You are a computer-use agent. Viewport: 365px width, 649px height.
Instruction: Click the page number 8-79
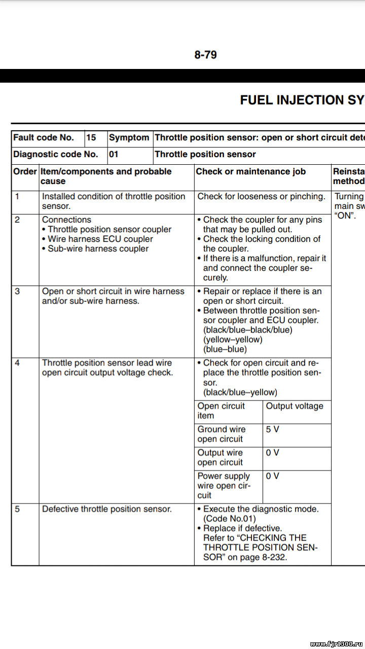(x=205, y=55)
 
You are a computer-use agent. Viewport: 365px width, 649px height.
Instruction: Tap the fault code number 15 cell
(x=91, y=137)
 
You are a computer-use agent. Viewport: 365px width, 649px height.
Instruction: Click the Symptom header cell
(x=129, y=137)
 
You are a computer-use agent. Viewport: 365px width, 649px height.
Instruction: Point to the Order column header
(x=25, y=171)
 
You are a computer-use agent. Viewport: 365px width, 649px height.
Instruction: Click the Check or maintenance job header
(x=251, y=171)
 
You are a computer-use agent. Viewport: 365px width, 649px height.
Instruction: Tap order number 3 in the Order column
(x=18, y=291)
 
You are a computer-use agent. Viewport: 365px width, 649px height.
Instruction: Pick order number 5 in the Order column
(x=18, y=509)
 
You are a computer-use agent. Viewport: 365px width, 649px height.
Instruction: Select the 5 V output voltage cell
(x=273, y=429)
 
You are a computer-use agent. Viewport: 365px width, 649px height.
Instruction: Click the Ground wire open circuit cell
(x=222, y=434)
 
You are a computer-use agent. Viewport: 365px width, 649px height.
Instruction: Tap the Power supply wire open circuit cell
(x=224, y=485)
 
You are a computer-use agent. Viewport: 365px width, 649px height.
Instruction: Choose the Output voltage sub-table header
(x=295, y=406)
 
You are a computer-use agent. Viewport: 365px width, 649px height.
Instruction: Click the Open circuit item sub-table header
(x=221, y=411)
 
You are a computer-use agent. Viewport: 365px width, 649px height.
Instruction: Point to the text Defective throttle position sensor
(x=107, y=509)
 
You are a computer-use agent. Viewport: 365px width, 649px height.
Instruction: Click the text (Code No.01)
(x=230, y=518)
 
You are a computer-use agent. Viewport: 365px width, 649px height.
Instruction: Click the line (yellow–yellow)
(x=233, y=339)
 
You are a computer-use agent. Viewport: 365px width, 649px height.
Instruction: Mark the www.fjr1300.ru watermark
(x=335, y=643)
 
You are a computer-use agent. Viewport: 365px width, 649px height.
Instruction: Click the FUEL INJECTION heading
(x=302, y=100)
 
